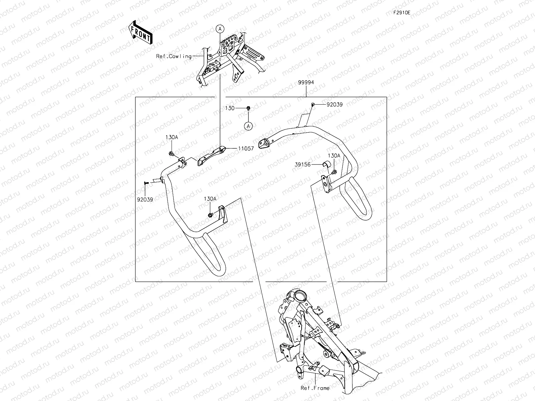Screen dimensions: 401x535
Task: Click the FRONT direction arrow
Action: (140, 32)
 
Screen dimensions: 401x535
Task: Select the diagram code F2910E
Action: (402, 13)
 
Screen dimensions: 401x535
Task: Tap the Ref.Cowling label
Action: (174, 56)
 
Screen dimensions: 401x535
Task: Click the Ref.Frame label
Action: (315, 388)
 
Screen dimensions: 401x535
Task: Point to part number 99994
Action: (306, 82)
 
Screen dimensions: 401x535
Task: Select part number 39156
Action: (303, 164)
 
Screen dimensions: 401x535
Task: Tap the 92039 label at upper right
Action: (334, 104)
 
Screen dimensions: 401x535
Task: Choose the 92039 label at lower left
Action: (145, 199)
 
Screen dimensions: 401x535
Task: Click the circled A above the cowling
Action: (220, 29)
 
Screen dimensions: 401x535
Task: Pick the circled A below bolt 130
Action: (248, 126)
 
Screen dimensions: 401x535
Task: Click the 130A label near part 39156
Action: (333, 155)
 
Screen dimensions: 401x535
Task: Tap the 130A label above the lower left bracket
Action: (210, 198)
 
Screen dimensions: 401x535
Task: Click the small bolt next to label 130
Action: (248, 108)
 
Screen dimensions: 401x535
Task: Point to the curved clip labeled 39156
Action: (326, 164)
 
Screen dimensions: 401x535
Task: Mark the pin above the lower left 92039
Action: (146, 183)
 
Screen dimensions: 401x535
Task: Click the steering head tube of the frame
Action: (298, 296)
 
